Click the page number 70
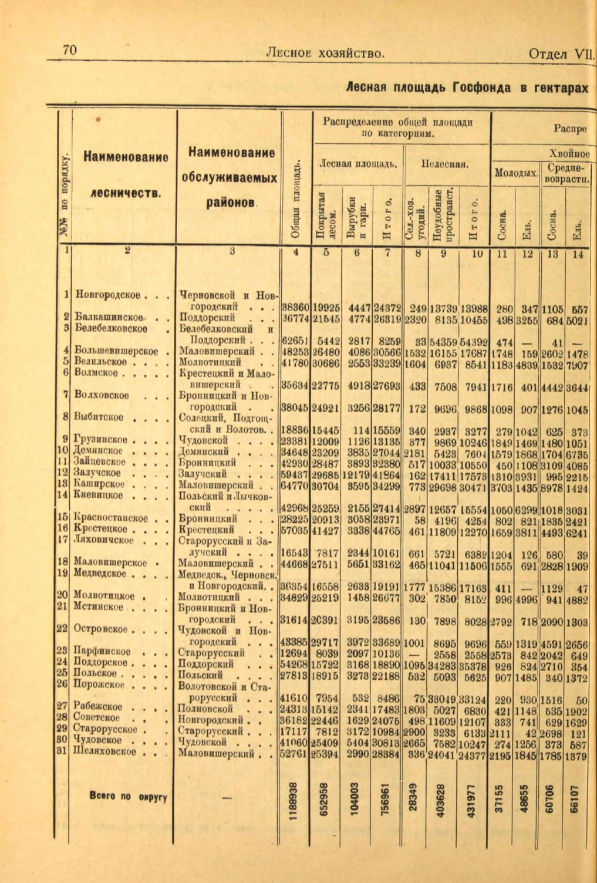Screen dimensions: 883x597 tap(69, 51)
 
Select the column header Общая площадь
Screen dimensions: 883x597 tap(296, 198)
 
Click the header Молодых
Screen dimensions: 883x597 tap(516, 173)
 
